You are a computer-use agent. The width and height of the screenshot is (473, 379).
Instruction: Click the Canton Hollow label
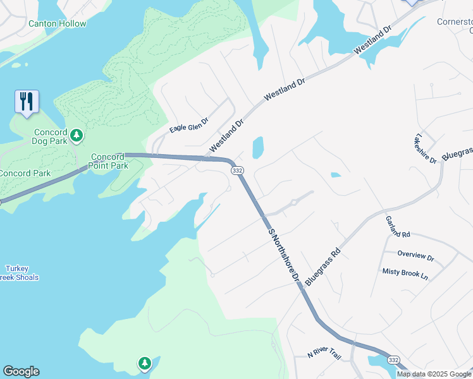[x=58, y=24]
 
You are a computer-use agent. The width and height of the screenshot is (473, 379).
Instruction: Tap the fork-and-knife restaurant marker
[x=27, y=102]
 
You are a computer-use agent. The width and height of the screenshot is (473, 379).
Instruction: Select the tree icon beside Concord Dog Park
[x=77, y=135]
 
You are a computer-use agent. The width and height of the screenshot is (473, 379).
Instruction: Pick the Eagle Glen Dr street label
[x=188, y=125]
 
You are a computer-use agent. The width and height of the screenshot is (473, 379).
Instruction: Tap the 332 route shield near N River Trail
[x=393, y=359]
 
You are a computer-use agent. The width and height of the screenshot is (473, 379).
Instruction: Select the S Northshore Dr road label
[x=283, y=255]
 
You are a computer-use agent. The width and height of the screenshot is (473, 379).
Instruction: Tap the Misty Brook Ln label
[x=405, y=274]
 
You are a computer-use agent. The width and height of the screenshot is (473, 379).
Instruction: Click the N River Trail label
[x=324, y=353]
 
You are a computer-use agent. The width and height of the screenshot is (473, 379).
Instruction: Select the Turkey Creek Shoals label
[x=19, y=273]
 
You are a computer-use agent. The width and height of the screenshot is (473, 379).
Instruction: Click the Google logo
[x=21, y=371]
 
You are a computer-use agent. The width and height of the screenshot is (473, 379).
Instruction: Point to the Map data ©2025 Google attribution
[x=434, y=374]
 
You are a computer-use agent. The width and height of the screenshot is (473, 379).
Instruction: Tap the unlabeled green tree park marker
[x=145, y=363]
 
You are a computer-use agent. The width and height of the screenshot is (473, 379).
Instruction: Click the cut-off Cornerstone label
[x=455, y=25]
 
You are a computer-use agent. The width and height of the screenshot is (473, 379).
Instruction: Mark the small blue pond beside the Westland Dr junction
[x=257, y=148]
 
